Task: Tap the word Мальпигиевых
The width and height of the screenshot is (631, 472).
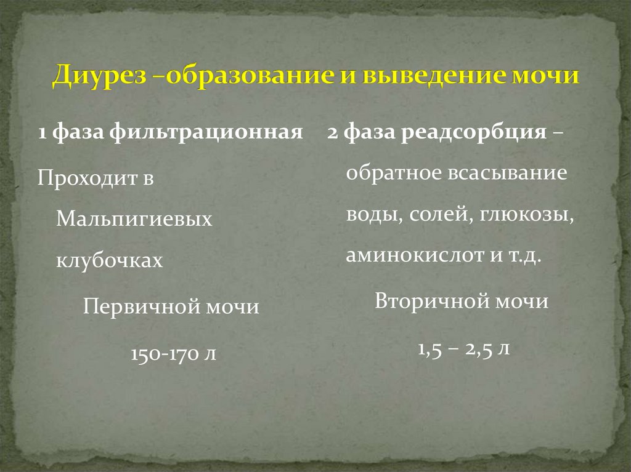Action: pyautogui.click(x=134, y=220)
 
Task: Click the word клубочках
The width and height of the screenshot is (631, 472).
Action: pyautogui.click(x=110, y=262)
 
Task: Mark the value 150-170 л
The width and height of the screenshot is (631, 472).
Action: pyautogui.click(x=173, y=354)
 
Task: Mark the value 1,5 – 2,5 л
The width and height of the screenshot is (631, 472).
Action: pyautogui.click(x=463, y=350)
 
